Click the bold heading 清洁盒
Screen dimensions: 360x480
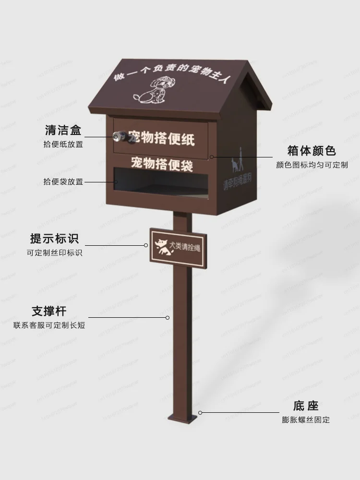coord(63,130)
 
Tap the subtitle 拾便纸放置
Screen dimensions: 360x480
coord(63,144)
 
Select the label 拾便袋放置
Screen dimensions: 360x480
coord(63,182)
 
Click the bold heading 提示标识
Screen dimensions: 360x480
coord(54,239)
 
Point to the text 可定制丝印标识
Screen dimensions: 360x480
coord(54,252)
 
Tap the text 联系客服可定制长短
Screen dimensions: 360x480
coord(49,325)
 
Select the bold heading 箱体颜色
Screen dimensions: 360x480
coord(312,151)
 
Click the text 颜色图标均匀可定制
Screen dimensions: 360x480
coord(312,165)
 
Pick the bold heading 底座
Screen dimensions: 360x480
coord(305,406)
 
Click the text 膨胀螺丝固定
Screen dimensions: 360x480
coord(306,420)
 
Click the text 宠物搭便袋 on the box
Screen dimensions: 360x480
coord(162,163)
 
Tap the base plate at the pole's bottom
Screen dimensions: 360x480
coord(183,418)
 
